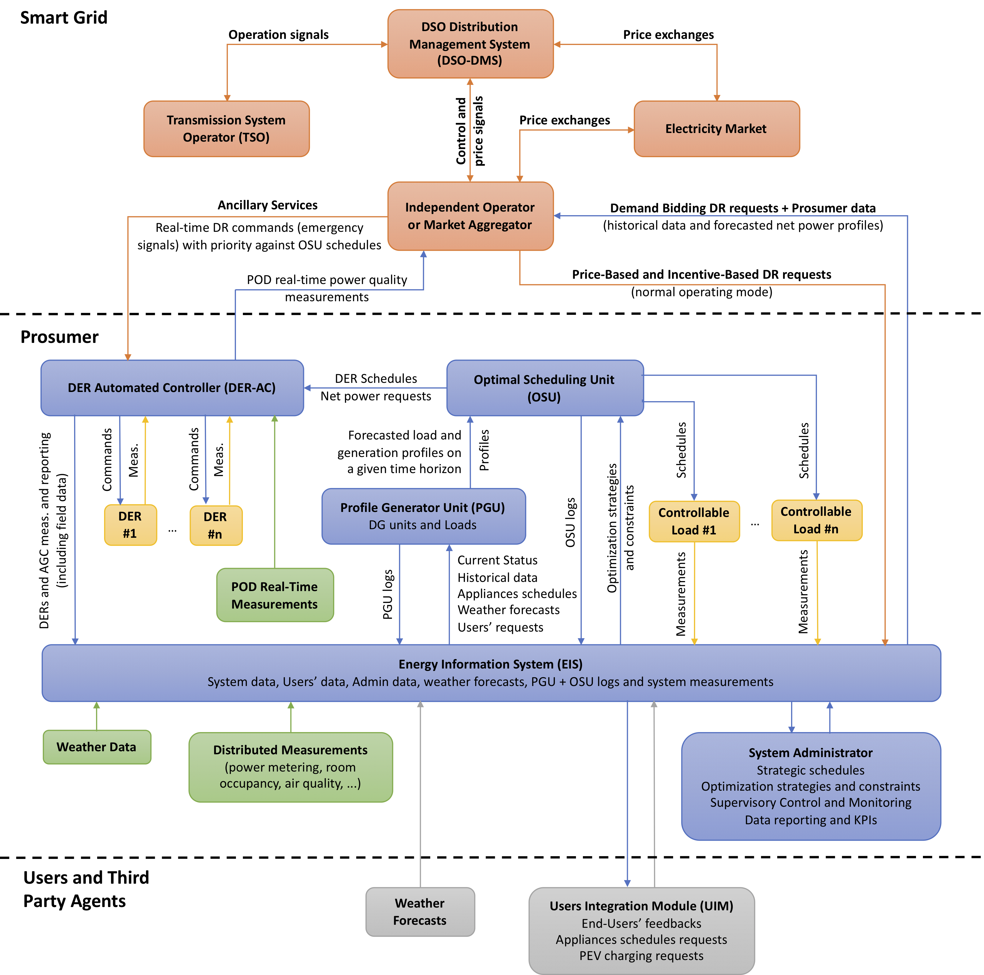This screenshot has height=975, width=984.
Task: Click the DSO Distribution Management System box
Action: click(470, 44)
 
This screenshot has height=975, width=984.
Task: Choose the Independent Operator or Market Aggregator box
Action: click(470, 216)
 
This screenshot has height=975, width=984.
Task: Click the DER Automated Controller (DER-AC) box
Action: click(172, 388)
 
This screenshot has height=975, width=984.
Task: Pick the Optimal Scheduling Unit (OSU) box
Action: click(545, 388)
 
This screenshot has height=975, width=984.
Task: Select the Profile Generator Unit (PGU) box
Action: click(424, 516)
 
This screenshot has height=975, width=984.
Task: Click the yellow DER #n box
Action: click(216, 525)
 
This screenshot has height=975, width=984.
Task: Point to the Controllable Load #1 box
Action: click(694, 521)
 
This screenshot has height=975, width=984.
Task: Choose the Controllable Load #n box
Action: click(816, 520)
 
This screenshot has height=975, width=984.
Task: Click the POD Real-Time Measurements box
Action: click(275, 595)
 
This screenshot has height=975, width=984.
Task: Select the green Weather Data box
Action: click(97, 747)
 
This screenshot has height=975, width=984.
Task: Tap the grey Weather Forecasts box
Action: click(420, 912)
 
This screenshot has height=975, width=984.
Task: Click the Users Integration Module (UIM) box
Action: click(642, 930)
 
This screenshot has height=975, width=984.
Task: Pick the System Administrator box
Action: click(811, 786)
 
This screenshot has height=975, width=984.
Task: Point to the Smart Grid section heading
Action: click(64, 18)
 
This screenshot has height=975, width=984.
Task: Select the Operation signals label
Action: click(279, 35)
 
